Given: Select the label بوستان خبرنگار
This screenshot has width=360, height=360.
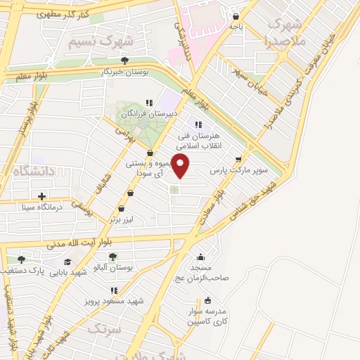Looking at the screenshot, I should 124,72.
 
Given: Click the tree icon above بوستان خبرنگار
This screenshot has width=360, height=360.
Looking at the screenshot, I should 124,60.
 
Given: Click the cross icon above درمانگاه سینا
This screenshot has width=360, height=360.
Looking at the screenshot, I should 42,196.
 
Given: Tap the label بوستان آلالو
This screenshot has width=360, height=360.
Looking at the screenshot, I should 114,269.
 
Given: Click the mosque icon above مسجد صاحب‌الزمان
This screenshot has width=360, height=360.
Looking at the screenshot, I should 201,257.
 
